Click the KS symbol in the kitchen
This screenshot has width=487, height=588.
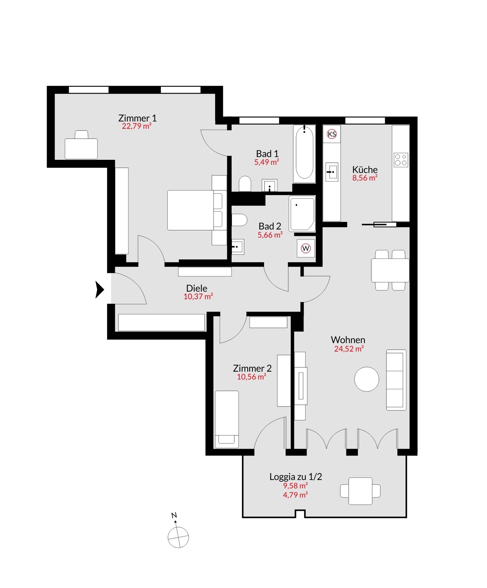(332, 134)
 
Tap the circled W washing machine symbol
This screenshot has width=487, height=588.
(306, 248)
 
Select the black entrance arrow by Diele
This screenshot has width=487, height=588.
(99, 289)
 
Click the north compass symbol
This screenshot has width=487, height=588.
(178, 537)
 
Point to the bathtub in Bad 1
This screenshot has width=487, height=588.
(304, 154)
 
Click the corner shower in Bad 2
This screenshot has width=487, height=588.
(302, 214)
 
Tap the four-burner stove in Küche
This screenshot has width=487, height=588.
(401, 160)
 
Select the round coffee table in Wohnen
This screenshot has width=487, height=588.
(366, 379)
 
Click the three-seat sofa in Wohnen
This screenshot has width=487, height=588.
(396, 380)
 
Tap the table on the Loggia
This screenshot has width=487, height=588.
(360, 491)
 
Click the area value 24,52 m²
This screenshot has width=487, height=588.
(349, 349)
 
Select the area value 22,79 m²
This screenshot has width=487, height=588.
(137, 126)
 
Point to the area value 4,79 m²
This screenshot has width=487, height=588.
(295, 495)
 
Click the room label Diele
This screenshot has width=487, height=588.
(197, 288)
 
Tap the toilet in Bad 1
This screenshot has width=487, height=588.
(245, 184)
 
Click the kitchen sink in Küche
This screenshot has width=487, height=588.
(332, 172)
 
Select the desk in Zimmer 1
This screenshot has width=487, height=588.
(81, 149)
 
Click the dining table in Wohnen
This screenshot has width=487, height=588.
(390, 270)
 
